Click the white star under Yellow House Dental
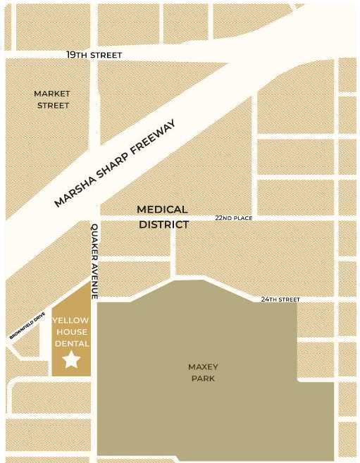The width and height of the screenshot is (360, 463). pyautogui.click(x=71, y=360)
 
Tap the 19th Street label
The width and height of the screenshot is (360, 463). pyautogui.click(x=94, y=55)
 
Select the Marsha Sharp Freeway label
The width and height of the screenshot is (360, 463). pyautogui.click(x=114, y=163)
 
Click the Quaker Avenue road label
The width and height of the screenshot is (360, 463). pyautogui.click(x=94, y=261)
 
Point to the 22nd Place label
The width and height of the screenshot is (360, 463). pyautogui.click(x=233, y=218)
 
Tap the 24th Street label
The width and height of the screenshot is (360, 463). pyautogui.click(x=280, y=300)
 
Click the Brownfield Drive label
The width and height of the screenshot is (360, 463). pyautogui.click(x=27, y=326)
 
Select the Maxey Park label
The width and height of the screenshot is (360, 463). pyautogui.click(x=203, y=373)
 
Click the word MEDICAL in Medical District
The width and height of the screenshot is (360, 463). pyautogui.click(x=162, y=209)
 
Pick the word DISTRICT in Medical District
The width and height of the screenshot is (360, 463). pyautogui.click(x=163, y=225)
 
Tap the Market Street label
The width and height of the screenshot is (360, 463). pyautogui.click(x=52, y=99)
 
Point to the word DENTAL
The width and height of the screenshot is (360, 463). pyautogui.click(x=71, y=344)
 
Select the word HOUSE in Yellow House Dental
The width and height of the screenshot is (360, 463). pyautogui.click(x=71, y=332)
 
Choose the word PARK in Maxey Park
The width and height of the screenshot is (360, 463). pyautogui.click(x=203, y=378)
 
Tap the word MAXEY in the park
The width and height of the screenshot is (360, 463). pyautogui.click(x=203, y=366)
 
